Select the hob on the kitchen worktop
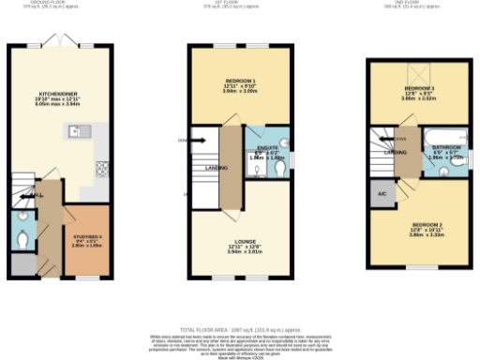click(x=101, y=170)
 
